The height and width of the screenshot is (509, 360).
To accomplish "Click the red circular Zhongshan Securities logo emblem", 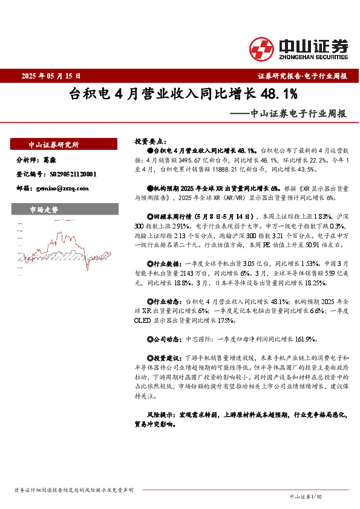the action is click(x=262, y=48).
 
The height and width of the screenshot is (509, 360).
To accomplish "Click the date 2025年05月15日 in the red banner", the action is click(x=51, y=76).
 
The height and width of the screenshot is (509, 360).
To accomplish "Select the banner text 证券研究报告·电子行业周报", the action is click(x=302, y=76).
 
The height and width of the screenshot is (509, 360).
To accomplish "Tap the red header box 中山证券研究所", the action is click(x=54, y=145).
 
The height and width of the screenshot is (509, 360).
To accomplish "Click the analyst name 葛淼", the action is click(x=50, y=160).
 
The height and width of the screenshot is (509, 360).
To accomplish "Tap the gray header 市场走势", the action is click(x=44, y=210).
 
